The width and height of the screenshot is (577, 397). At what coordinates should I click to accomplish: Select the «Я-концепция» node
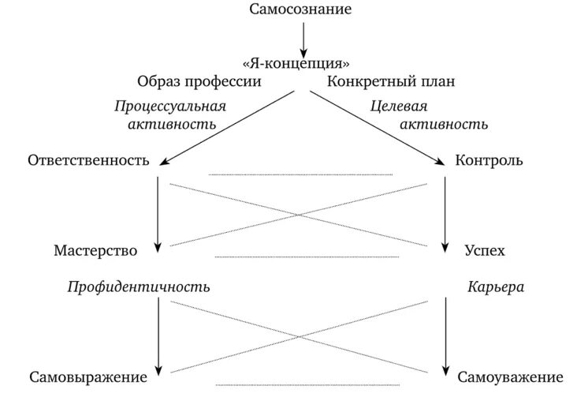[x=296, y=62]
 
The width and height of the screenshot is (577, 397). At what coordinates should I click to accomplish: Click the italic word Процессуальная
[x=169, y=106]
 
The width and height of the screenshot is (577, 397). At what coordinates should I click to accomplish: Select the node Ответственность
[x=88, y=161]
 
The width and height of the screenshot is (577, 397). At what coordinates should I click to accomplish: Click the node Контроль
[x=489, y=161]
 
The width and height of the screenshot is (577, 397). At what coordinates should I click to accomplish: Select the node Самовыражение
[x=89, y=377]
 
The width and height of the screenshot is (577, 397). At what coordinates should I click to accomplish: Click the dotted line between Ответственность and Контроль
[x=300, y=174]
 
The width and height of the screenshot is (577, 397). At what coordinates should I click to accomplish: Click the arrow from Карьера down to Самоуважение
[x=446, y=331]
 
